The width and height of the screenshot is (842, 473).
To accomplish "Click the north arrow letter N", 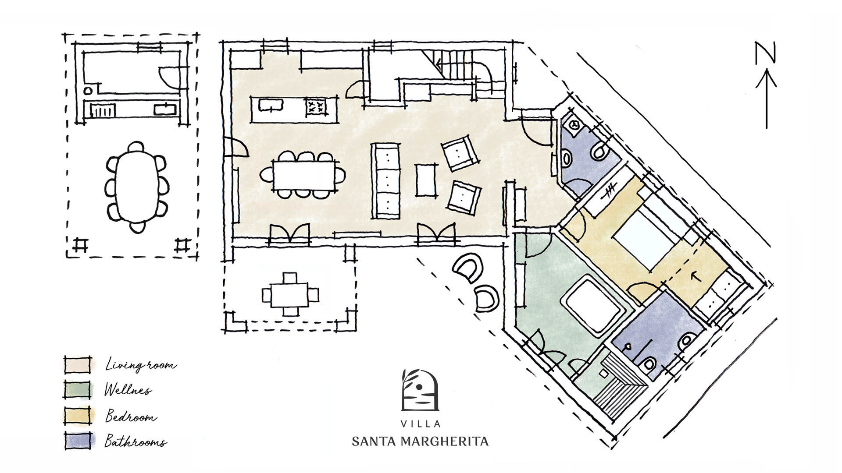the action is pyautogui.click(x=765, y=53).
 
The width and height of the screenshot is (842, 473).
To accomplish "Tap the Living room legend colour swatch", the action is pyautogui.click(x=78, y=364).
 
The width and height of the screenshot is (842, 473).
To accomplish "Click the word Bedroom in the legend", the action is pyautogui.click(x=131, y=416).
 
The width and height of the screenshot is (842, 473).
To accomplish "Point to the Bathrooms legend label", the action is pyautogui.click(x=136, y=441).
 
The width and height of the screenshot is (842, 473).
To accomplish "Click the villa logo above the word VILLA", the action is pyautogui.click(x=420, y=390).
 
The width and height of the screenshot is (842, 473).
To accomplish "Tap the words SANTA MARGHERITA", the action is pyautogui.click(x=420, y=441).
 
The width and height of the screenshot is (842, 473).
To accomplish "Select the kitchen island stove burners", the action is pyautogui.click(x=317, y=106).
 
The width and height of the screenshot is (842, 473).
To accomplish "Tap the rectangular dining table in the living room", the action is pyautogui.click(x=303, y=175).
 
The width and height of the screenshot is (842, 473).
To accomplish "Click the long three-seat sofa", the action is pyautogui.click(x=386, y=180).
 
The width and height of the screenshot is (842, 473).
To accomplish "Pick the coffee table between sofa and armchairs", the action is pyautogui.click(x=426, y=180).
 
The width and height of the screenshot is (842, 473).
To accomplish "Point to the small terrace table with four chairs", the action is pyautogui.click(x=289, y=294).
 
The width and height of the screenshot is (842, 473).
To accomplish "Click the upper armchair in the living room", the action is pyautogui.click(x=459, y=153).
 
